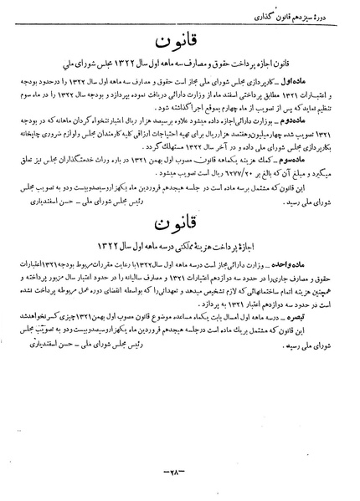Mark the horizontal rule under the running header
tap(180, 26)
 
